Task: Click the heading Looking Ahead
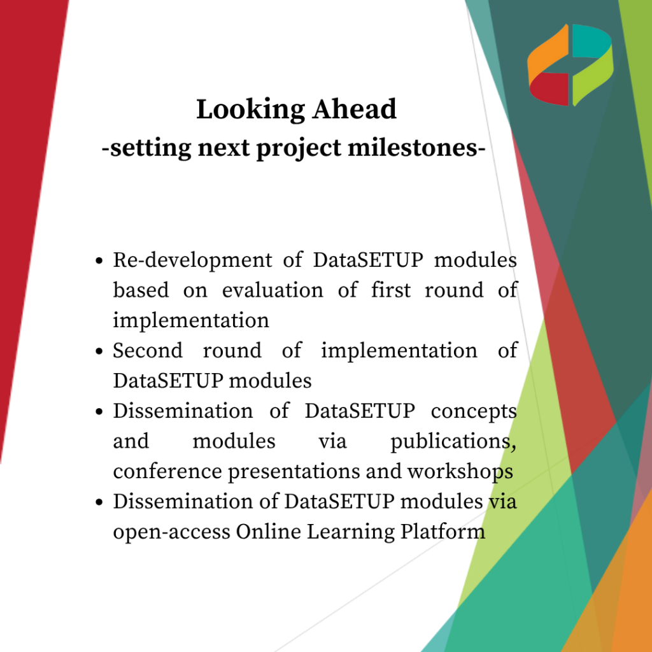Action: pos(296,110)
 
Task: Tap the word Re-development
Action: pos(192,261)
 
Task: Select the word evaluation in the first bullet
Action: pos(273,290)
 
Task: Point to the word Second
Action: pos(148,350)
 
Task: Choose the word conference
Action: pos(167,471)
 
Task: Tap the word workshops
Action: pos(460,472)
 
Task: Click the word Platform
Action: pos(443,532)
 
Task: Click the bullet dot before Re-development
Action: pos(99,261)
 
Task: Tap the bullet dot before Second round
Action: pos(99,351)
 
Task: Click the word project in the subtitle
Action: pos(299,148)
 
